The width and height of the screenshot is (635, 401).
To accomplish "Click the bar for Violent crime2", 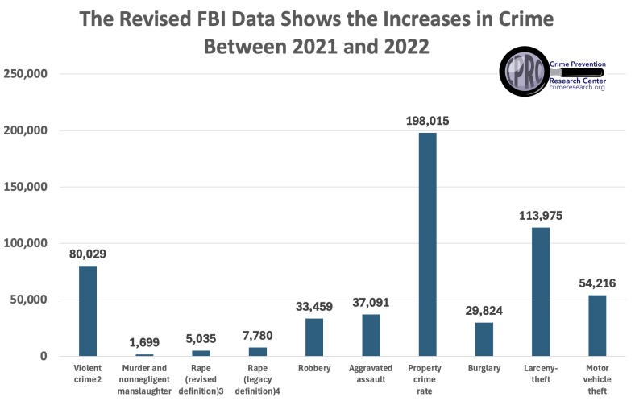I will coord(88,311).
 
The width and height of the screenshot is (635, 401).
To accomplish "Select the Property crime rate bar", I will coord(427,245).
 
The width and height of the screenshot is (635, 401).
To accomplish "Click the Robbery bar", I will coord(314,337).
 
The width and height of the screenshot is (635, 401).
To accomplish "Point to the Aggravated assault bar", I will coord(371,335).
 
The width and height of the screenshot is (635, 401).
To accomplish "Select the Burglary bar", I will coord(484,339).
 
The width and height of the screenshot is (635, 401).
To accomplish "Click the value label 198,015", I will coord(427,122).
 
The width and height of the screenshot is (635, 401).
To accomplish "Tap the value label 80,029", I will coord(88,254).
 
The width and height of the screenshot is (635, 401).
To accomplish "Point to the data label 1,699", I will coord(145,342).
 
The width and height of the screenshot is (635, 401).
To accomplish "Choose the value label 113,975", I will coord(540,215).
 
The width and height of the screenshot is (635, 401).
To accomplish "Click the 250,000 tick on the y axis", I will coord(27,74).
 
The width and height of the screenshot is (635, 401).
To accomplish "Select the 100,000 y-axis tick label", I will coord(27,243).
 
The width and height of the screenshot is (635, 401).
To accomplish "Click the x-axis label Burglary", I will coord(484,368).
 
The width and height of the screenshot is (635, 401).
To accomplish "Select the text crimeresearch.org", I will coord(576,88).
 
